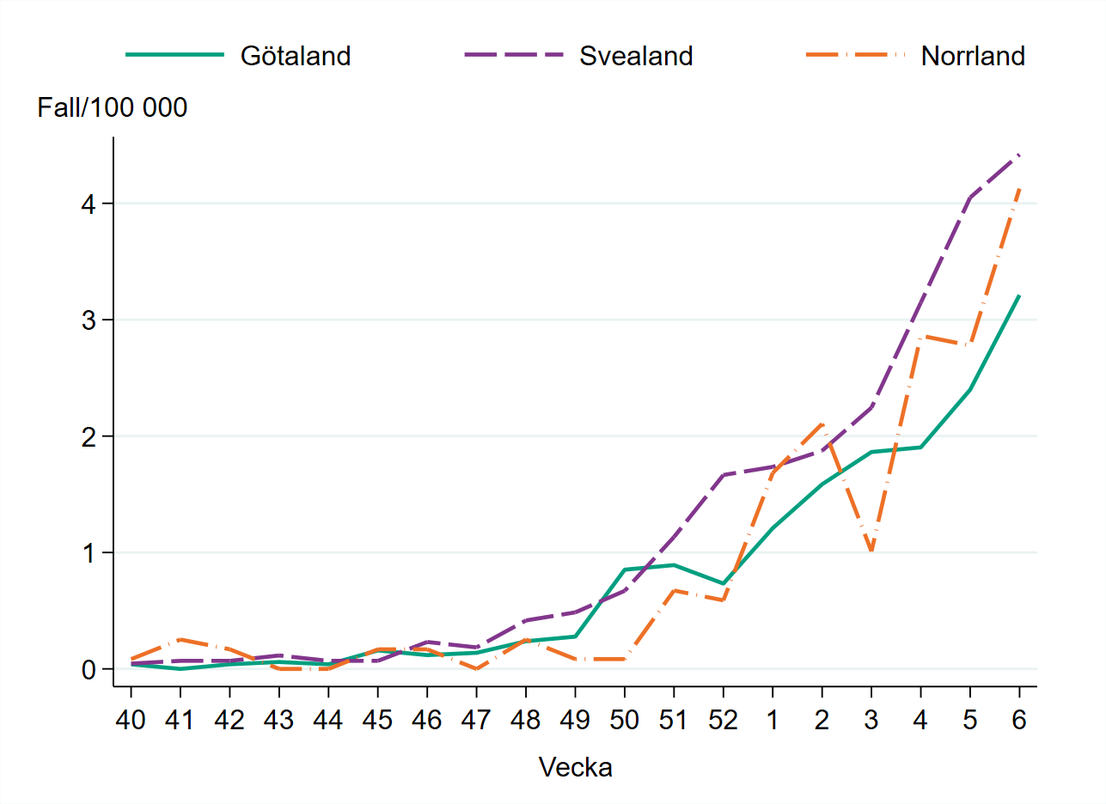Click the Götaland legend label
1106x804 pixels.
click(296, 56)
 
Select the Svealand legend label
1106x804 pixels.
click(635, 56)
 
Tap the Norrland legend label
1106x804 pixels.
click(973, 56)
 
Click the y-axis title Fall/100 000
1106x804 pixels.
click(113, 108)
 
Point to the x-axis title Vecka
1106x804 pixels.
click(575, 767)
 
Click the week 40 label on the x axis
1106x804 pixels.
click(131, 720)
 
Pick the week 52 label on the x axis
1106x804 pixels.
click(723, 720)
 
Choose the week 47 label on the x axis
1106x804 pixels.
click(476, 720)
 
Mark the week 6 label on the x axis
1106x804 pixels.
click(1019, 720)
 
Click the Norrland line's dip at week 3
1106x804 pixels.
click(871, 551)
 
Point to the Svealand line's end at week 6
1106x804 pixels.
click(1019, 155)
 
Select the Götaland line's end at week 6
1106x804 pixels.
click(1019, 295)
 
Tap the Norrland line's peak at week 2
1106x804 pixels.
click(822, 424)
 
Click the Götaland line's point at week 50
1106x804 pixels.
click(625, 569)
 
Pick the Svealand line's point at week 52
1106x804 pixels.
click(723, 475)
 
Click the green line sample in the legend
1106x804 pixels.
click(175, 55)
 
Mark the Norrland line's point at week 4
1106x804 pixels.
click(920, 336)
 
